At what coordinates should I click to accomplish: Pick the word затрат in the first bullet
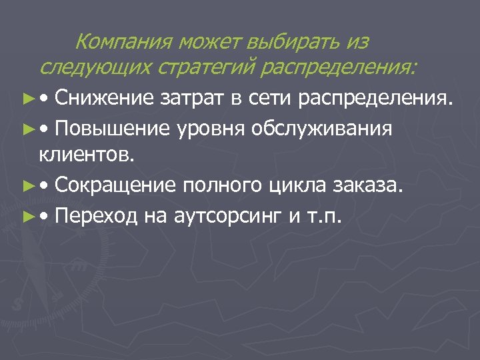click(189, 99)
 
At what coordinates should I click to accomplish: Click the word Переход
click(96, 215)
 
